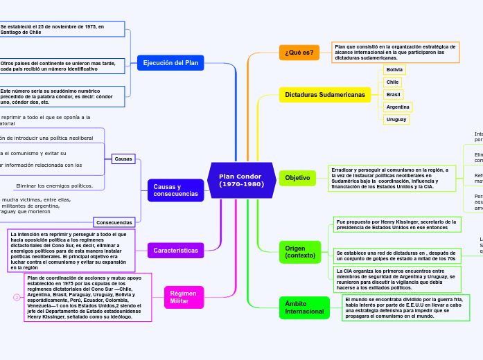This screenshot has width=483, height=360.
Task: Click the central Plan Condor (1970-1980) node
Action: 241,180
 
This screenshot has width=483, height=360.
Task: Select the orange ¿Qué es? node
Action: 299,53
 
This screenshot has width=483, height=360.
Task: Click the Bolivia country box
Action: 394,70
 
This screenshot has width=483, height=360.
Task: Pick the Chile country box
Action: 393,82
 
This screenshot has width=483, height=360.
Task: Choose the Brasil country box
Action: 393,94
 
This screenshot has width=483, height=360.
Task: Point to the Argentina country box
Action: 398,107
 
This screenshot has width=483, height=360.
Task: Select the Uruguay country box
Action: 396,119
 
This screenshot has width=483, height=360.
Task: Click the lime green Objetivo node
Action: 297,178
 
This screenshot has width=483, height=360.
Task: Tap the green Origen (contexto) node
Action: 299,252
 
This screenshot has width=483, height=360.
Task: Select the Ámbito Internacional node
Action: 304,307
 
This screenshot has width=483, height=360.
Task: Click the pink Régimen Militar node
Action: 184,297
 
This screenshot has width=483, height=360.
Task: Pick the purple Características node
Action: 175,250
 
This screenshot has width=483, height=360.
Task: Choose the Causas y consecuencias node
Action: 175,190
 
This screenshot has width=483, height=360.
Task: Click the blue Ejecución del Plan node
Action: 170,63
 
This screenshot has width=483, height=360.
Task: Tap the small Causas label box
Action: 123,159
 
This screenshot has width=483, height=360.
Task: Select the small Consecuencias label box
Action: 114,222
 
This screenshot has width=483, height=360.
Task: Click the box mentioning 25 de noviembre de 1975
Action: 62,29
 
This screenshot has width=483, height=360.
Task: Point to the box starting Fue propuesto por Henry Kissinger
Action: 396,224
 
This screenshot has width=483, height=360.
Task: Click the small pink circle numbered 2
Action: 17,297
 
